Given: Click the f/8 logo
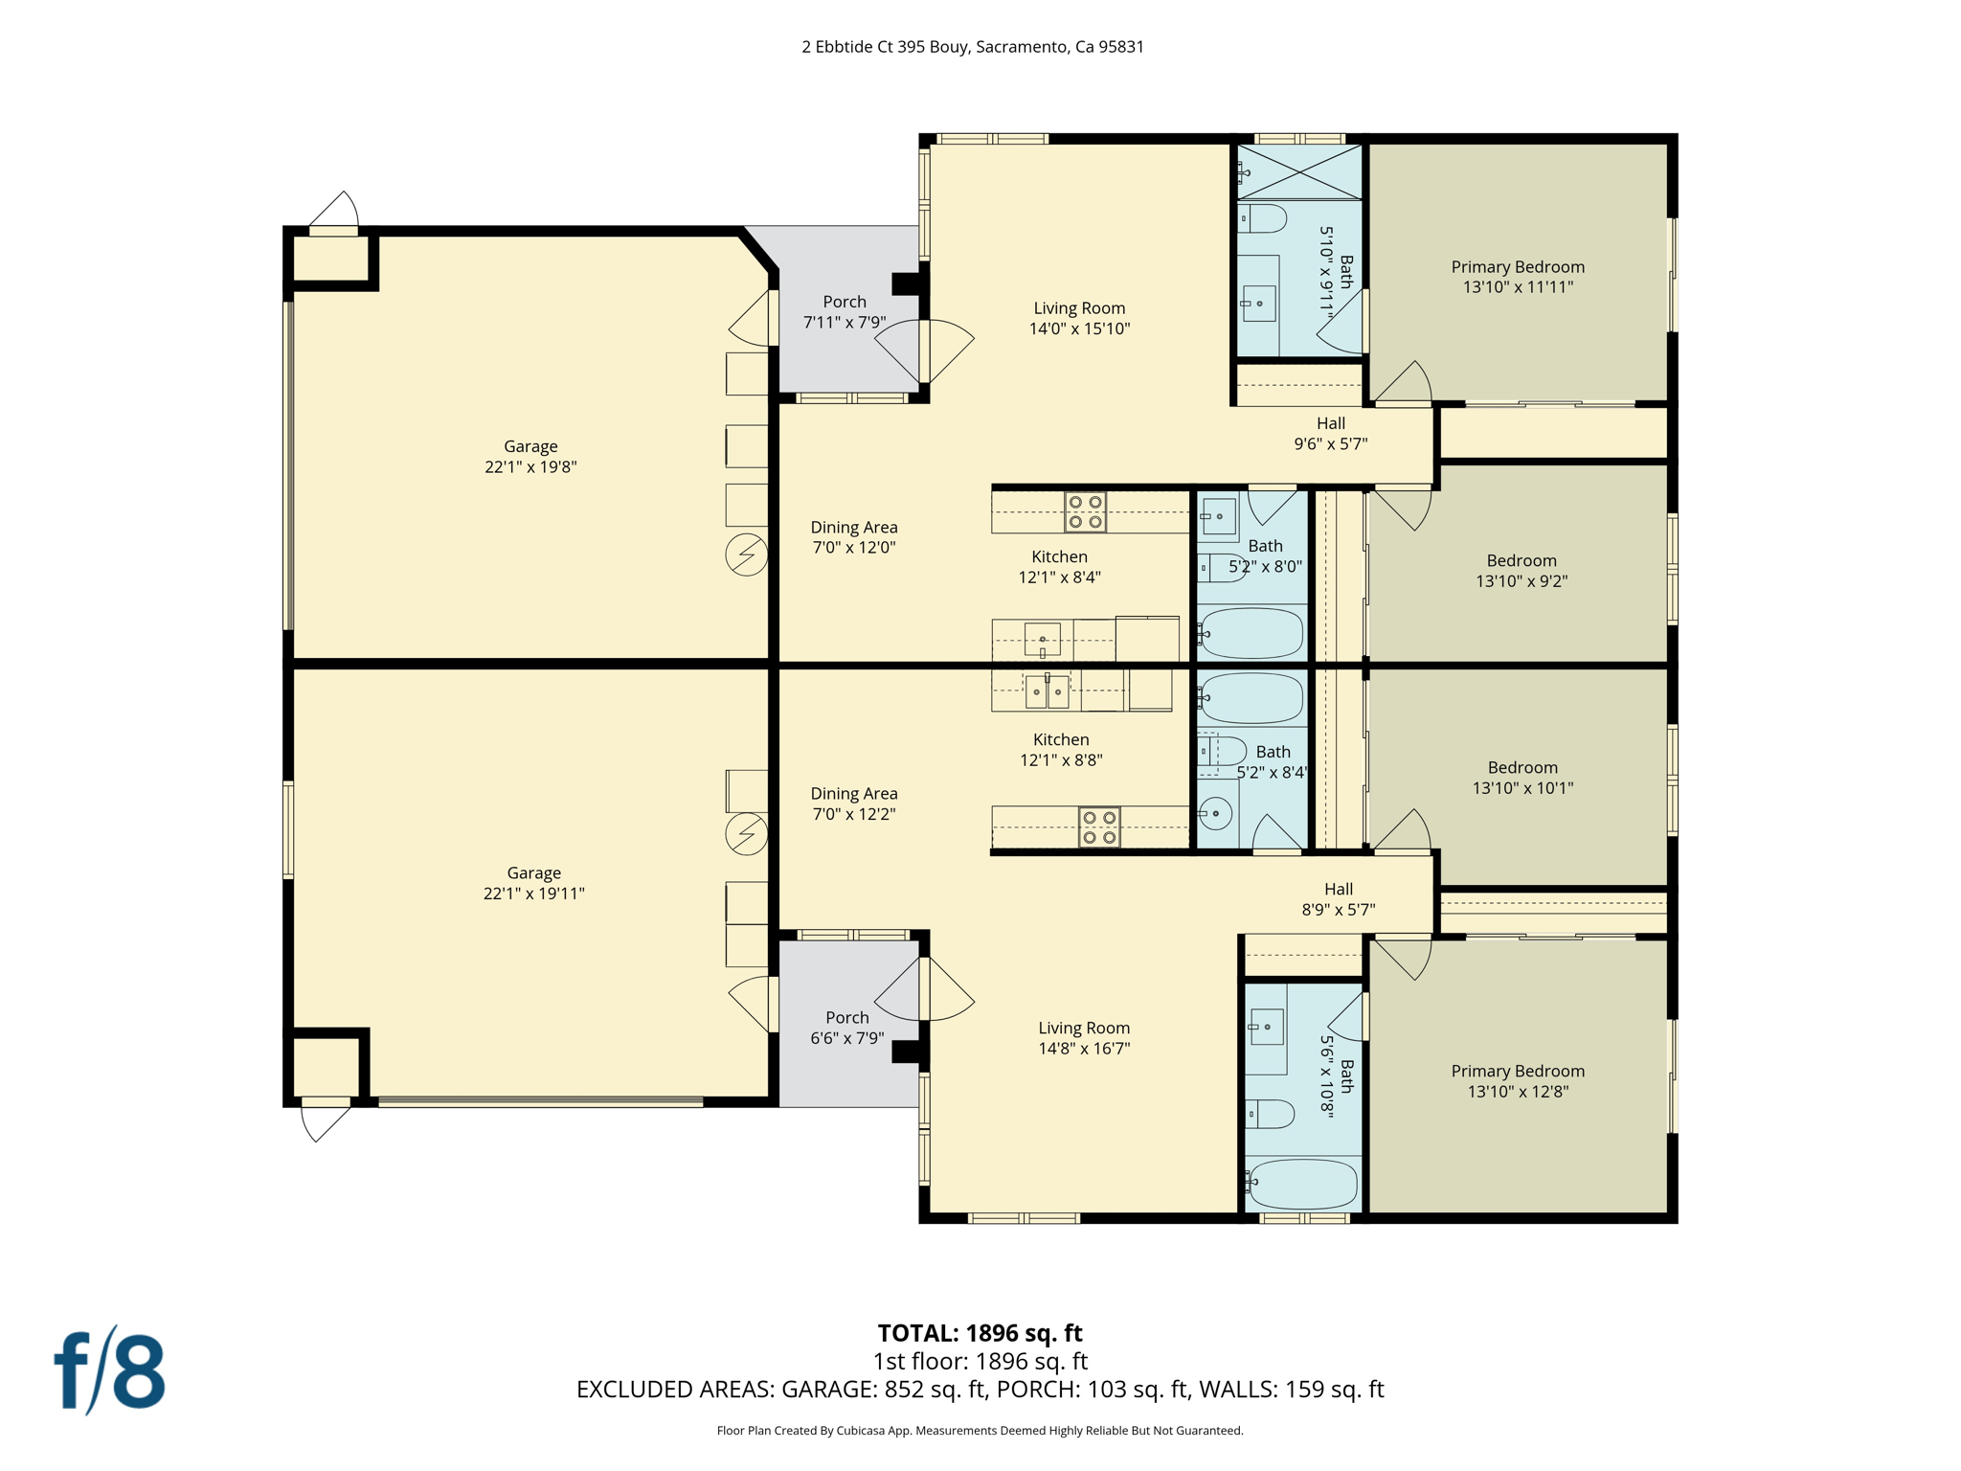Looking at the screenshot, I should point(109,1371).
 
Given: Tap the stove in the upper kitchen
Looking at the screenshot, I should point(1085,512).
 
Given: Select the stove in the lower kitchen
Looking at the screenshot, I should point(1098,827).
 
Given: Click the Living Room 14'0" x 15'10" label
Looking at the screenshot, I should point(1079,318).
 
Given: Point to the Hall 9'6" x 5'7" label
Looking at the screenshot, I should point(1330,433).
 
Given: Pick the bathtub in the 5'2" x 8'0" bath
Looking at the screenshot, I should point(1251,633).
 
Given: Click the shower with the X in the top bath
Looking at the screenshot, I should point(1298,172).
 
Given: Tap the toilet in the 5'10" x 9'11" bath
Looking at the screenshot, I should point(1261,218).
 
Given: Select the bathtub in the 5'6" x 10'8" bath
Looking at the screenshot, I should point(1303,1184).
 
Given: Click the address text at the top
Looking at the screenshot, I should point(972,47).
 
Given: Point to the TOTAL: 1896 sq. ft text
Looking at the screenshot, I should point(980,1332).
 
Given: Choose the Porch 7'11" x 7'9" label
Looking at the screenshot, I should point(844,312).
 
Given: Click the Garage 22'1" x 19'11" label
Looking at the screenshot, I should point(533,883).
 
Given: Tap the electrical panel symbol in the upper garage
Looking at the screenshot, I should point(746,554).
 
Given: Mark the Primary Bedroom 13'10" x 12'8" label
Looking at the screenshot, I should point(1517,1080).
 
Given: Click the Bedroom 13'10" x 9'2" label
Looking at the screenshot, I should point(1521,571).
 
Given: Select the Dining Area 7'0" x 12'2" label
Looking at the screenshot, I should point(853,803).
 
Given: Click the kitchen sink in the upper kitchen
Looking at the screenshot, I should point(1042,639).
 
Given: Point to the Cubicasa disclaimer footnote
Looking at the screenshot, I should point(980,1431).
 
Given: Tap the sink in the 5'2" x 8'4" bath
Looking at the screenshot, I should point(1216,814).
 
